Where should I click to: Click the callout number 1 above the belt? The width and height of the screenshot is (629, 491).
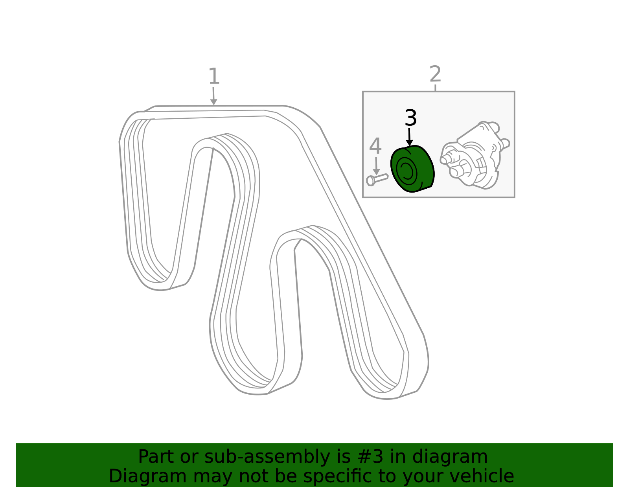214,76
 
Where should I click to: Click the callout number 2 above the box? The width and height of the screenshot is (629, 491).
435,74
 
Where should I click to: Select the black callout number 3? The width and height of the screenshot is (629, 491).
410,118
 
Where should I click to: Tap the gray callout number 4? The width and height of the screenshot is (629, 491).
375,146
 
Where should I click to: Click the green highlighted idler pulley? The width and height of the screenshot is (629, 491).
412,169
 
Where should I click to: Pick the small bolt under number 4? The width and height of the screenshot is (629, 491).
377,180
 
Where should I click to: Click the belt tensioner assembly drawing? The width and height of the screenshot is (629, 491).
475,155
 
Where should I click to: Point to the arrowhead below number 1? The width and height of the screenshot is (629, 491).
213,102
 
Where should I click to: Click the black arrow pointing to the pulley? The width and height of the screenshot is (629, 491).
409,137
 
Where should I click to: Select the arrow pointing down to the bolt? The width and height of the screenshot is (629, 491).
376,166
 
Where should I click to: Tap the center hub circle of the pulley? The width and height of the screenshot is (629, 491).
407,171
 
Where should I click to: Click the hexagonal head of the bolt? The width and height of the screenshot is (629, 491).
370,181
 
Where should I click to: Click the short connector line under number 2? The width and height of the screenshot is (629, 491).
435,88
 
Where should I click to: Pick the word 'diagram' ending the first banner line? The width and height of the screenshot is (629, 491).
450,457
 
